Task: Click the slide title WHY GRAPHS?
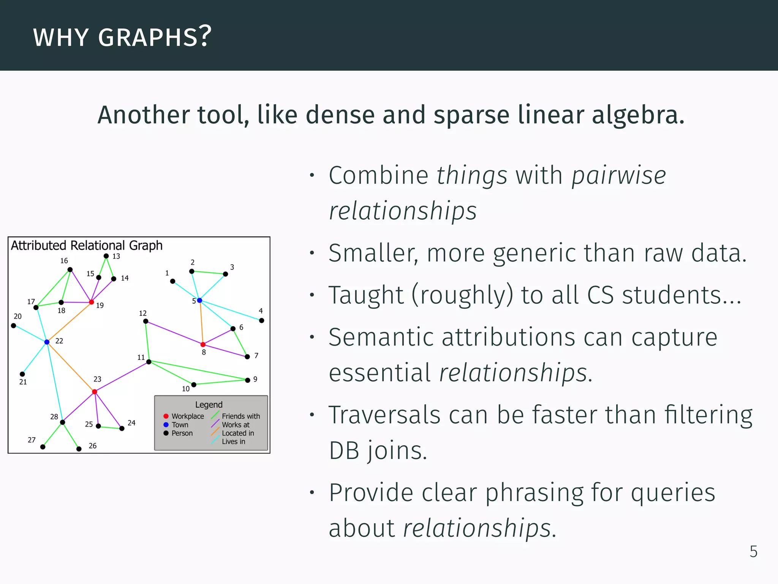pyautogui.click(x=122, y=37)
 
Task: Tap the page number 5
pyautogui.click(x=753, y=552)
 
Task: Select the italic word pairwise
pyautogui.click(x=619, y=176)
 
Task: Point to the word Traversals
pyautogui.click(x=384, y=415)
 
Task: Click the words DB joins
pyautogui.click(x=378, y=451)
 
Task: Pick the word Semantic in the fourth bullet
pyautogui.click(x=376, y=337)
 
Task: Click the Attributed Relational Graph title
pyautogui.click(x=87, y=246)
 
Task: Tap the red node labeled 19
pyautogui.click(x=92, y=302)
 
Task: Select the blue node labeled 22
pyautogui.click(x=47, y=342)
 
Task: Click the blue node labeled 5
pyautogui.click(x=199, y=301)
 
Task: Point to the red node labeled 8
pyautogui.click(x=203, y=344)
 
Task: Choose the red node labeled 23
pyautogui.click(x=95, y=392)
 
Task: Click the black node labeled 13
pyautogui.click(x=106, y=256)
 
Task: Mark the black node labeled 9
pyautogui.click(x=248, y=380)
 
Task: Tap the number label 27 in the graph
pyautogui.click(x=32, y=440)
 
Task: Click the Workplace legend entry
pyautogui.click(x=184, y=416)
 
